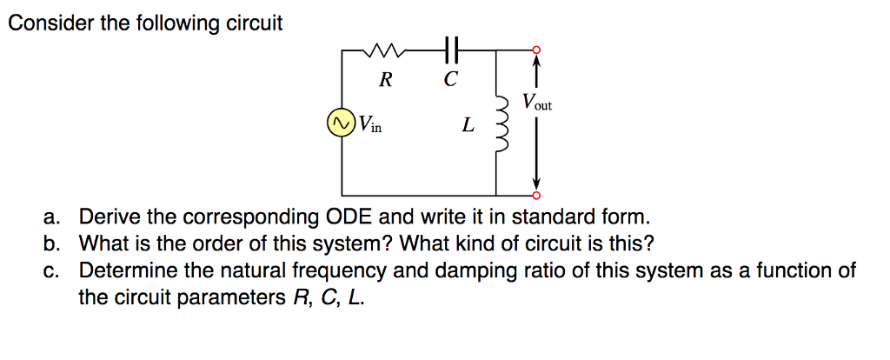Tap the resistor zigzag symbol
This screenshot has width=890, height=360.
point(384,50)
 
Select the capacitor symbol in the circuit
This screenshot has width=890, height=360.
point(449,50)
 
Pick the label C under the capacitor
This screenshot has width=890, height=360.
point(449,81)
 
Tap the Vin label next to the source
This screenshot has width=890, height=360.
point(369,124)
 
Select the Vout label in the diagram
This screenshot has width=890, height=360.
point(536,102)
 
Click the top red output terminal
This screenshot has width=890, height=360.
point(536,50)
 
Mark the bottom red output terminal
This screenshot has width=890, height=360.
point(536,194)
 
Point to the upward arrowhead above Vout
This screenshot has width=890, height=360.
point(536,61)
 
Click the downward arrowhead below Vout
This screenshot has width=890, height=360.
point(536,183)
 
